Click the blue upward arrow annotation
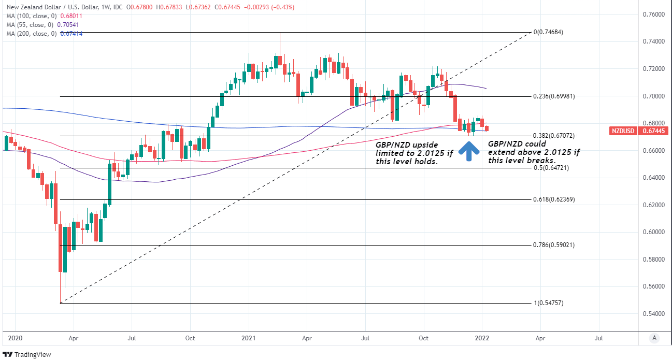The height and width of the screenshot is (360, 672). click(469, 150)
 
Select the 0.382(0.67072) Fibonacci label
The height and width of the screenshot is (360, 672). click(554, 136)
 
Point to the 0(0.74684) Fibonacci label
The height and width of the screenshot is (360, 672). click(548, 32)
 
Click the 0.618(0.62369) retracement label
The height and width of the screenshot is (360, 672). click(554, 199)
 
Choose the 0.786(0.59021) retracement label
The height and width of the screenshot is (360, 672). click(554, 245)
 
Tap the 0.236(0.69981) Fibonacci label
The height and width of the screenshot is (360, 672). click(554, 96)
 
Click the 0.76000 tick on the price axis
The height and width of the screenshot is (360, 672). click(653, 15)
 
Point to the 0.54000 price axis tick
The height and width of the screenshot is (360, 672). click(653, 314)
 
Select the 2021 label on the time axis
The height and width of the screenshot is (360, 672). click(249, 338)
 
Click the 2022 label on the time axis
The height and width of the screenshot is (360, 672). click(482, 338)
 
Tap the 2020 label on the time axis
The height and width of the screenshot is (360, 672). click(15, 338)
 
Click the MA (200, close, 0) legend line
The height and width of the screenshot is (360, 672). click(44, 34)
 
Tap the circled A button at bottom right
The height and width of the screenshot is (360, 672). click(654, 338)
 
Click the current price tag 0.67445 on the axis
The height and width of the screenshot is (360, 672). click(653, 131)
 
